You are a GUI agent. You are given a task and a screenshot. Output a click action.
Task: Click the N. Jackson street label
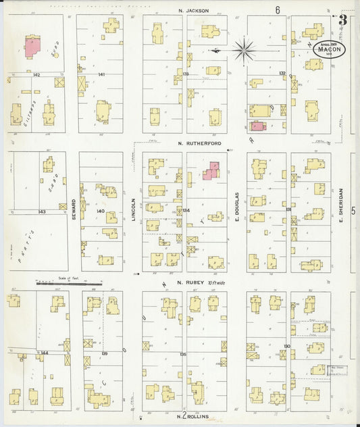(x=193, y=11)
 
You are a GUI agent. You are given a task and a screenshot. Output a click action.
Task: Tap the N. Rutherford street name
(x=195, y=143)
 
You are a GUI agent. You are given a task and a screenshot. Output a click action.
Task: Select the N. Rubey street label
(x=190, y=282)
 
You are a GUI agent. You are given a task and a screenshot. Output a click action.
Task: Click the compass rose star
(x=243, y=49)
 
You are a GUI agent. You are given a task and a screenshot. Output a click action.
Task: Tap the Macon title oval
(x=330, y=50)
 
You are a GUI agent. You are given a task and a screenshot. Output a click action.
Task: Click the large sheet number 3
(x=343, y=20)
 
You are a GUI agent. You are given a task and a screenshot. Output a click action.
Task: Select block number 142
(x=36, y=74)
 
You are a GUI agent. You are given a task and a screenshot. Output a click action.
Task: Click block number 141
(x=101, y=74)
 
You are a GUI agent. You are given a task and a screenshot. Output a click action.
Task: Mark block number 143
(x=42, y=211)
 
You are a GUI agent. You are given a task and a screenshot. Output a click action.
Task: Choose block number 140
(x=100, y=211)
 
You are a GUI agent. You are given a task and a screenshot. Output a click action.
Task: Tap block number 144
(x=44, y=353)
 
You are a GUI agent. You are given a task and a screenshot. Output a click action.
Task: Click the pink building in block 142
(x=32, y=47)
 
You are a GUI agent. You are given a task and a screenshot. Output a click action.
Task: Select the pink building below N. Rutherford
(x=211, y=171)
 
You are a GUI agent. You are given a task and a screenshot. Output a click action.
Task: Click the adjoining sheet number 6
(x=277, y=10)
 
